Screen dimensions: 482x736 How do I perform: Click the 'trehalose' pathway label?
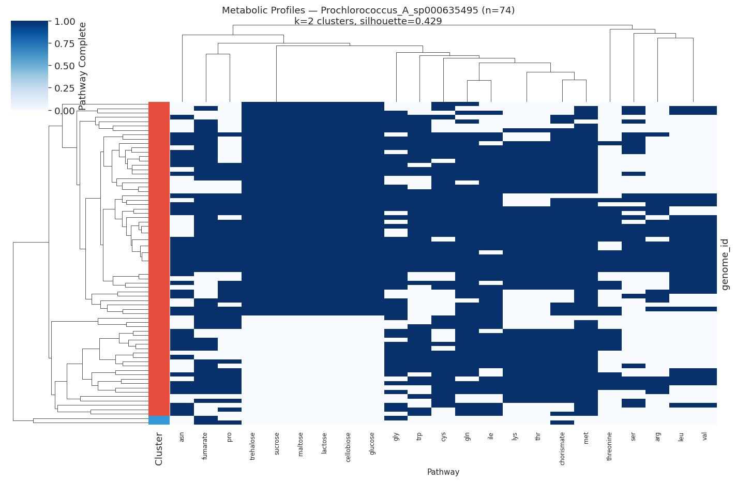[x=252, y=443]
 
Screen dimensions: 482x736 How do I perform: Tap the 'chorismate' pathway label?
[x=562, y=448]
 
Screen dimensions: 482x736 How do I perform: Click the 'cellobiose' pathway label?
[x=348, y=447]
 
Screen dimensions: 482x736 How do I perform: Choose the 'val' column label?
[x=704, y=436]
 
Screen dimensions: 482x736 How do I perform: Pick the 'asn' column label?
[x=182, y=437]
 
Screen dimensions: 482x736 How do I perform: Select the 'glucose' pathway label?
[x=372, y=443]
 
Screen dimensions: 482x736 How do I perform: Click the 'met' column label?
[x=586, y=438]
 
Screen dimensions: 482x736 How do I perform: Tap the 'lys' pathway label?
[x=514, y=436]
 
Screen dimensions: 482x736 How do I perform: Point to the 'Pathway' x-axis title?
[x=443, y=472]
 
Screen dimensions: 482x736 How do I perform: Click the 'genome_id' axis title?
[x=725, y=264]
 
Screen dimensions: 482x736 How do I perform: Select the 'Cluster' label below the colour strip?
[x=159, y=449]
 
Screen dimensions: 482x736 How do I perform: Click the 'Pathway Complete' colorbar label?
[x=83, y=66]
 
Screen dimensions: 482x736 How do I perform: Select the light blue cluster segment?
[x=159, y=420]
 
